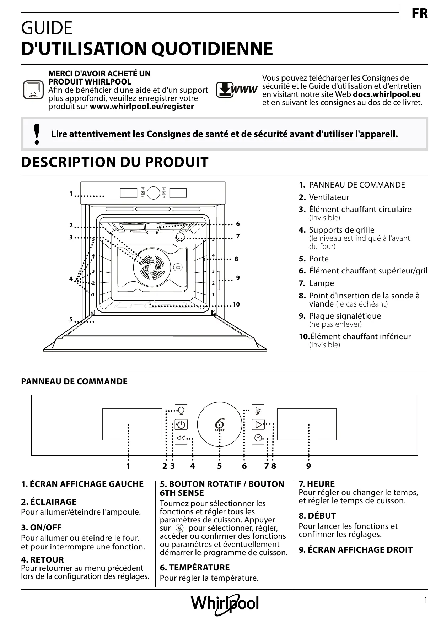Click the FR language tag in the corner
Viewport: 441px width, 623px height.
coord(419,14)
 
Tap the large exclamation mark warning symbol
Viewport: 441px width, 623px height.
coord(36,134)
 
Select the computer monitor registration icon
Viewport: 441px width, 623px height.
coord(33,90)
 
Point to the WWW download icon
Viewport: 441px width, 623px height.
coord(237,90)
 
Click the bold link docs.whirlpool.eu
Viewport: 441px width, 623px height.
coord(387,94)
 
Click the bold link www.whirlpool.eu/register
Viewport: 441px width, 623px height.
coord(142,107)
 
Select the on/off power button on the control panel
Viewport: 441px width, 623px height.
coord(181,425)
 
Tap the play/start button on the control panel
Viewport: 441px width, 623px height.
coord(258,424)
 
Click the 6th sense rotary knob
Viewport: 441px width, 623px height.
coord(220,425)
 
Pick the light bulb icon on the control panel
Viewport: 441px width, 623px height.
coord(181,411)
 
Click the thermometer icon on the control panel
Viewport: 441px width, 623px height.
coord(258,411)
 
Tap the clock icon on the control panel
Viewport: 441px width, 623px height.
coord(258,438)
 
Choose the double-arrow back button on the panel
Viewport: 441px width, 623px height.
coord(181,438)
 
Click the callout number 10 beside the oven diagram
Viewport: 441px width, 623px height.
coord(236,304)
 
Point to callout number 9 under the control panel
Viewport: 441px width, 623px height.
coord(308,466)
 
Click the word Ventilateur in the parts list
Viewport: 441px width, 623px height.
coord(329,197)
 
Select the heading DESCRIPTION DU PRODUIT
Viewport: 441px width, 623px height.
coord(114,162)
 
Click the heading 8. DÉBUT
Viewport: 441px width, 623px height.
coord(317,516)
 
